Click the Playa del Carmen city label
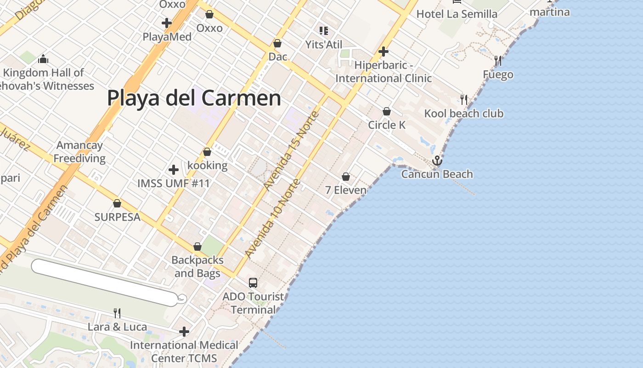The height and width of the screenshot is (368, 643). point(194,98)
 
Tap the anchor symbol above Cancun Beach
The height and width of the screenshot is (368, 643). point(437,161)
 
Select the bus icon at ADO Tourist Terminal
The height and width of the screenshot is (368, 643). point(253,283)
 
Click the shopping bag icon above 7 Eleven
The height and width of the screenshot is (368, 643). point(346,177)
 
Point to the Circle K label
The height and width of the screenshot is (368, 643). point(387,125)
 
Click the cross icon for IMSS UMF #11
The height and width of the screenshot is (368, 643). point(174,170)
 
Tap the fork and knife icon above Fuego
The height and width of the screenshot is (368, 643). point(498,60)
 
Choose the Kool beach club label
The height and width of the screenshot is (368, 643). point(463,114)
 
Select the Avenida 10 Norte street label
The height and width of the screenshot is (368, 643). point(273,218)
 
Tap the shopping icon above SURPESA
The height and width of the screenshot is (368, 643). point(117,203)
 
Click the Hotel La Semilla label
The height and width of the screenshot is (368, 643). point(457,14)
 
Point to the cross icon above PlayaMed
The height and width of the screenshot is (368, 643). point(167,23)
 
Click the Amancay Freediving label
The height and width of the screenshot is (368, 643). point(79,152)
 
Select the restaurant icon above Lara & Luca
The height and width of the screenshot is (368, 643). point(117,313)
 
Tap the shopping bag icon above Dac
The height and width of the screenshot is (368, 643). point(277,44)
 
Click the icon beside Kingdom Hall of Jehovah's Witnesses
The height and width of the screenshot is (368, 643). point(44,59)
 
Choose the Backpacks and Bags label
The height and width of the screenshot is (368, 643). point(197,266)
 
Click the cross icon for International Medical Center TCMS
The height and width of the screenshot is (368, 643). point(184,331)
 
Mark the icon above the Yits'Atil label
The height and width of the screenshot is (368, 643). point(324,31)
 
